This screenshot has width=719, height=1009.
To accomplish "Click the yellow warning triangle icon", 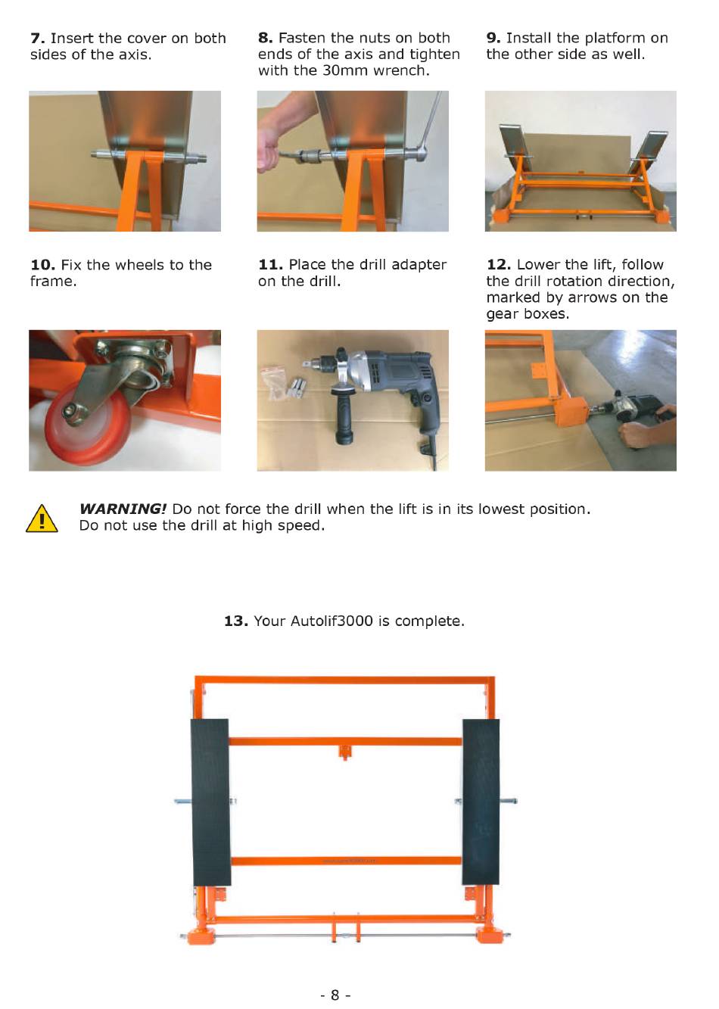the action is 42,519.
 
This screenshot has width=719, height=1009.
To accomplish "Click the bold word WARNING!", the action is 123,509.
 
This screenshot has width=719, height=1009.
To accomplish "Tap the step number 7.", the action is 37,39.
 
